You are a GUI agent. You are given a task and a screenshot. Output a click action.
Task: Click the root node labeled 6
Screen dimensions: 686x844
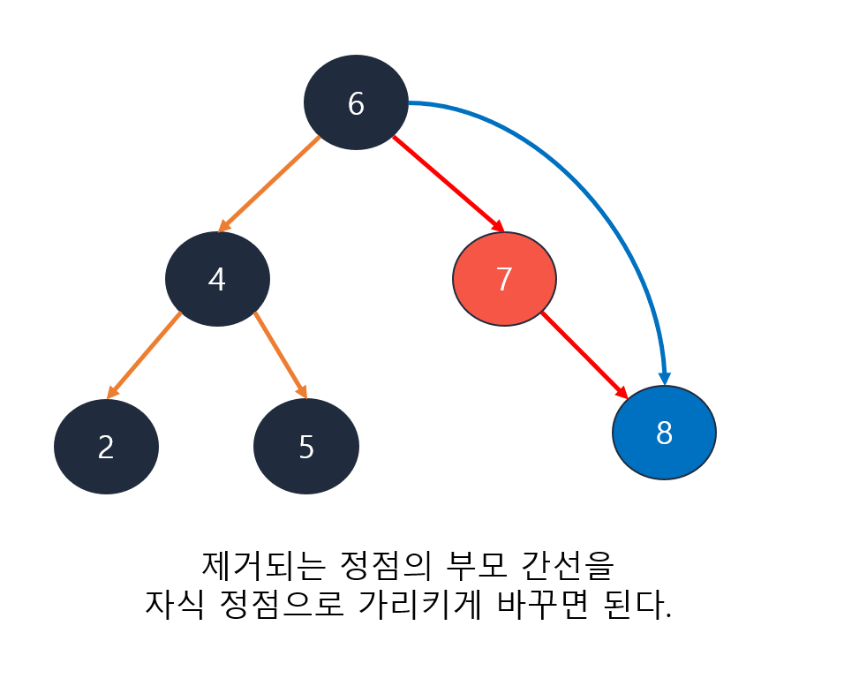pos(356,102)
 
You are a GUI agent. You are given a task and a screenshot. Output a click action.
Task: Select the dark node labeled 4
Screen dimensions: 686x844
pos(217,279)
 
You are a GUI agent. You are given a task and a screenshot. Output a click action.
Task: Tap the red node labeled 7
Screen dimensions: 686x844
pos(504,279)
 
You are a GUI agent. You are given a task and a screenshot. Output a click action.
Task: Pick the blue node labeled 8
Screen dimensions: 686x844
pos(664,433)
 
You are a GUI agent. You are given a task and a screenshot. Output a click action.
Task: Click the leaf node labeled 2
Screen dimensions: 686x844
pos(106,447)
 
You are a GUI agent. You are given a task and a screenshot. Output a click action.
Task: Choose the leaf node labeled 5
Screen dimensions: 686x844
pos(305,447)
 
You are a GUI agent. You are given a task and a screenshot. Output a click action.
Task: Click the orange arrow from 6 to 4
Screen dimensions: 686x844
pos(268,185)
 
